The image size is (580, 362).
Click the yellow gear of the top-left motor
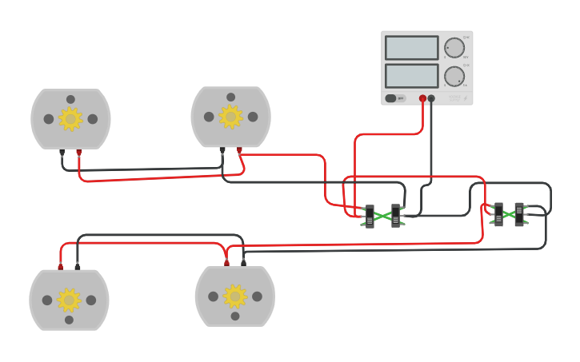click(70, 119)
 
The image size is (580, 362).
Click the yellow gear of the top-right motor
click(230, 117)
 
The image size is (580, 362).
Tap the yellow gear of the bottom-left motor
click(69, 300)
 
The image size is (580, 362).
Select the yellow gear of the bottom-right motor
click(234, 296)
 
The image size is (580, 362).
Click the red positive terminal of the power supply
click(422, 98)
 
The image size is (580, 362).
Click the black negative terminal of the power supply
click(431, 98)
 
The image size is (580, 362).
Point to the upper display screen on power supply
click(411, 48)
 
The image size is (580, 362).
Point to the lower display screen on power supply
click(411, 76)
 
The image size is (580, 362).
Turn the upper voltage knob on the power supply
click(454, 48)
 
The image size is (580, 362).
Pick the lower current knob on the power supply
click(454, 77)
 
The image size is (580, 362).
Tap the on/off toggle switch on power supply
click(391, 98)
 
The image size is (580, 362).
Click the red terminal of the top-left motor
click(78, 151)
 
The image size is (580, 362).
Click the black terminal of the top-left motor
click(62, 151)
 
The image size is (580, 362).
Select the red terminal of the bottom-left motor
click(60, 266)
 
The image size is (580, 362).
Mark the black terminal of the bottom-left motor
click(78, 266)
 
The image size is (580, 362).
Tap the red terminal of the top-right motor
click(239, 149)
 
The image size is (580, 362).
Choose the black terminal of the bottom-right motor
click(243, 262)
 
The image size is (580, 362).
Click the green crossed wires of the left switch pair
click(382, 216)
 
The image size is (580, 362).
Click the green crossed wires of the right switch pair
click(509, 214)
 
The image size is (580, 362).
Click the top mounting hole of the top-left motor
click(70, 99)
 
